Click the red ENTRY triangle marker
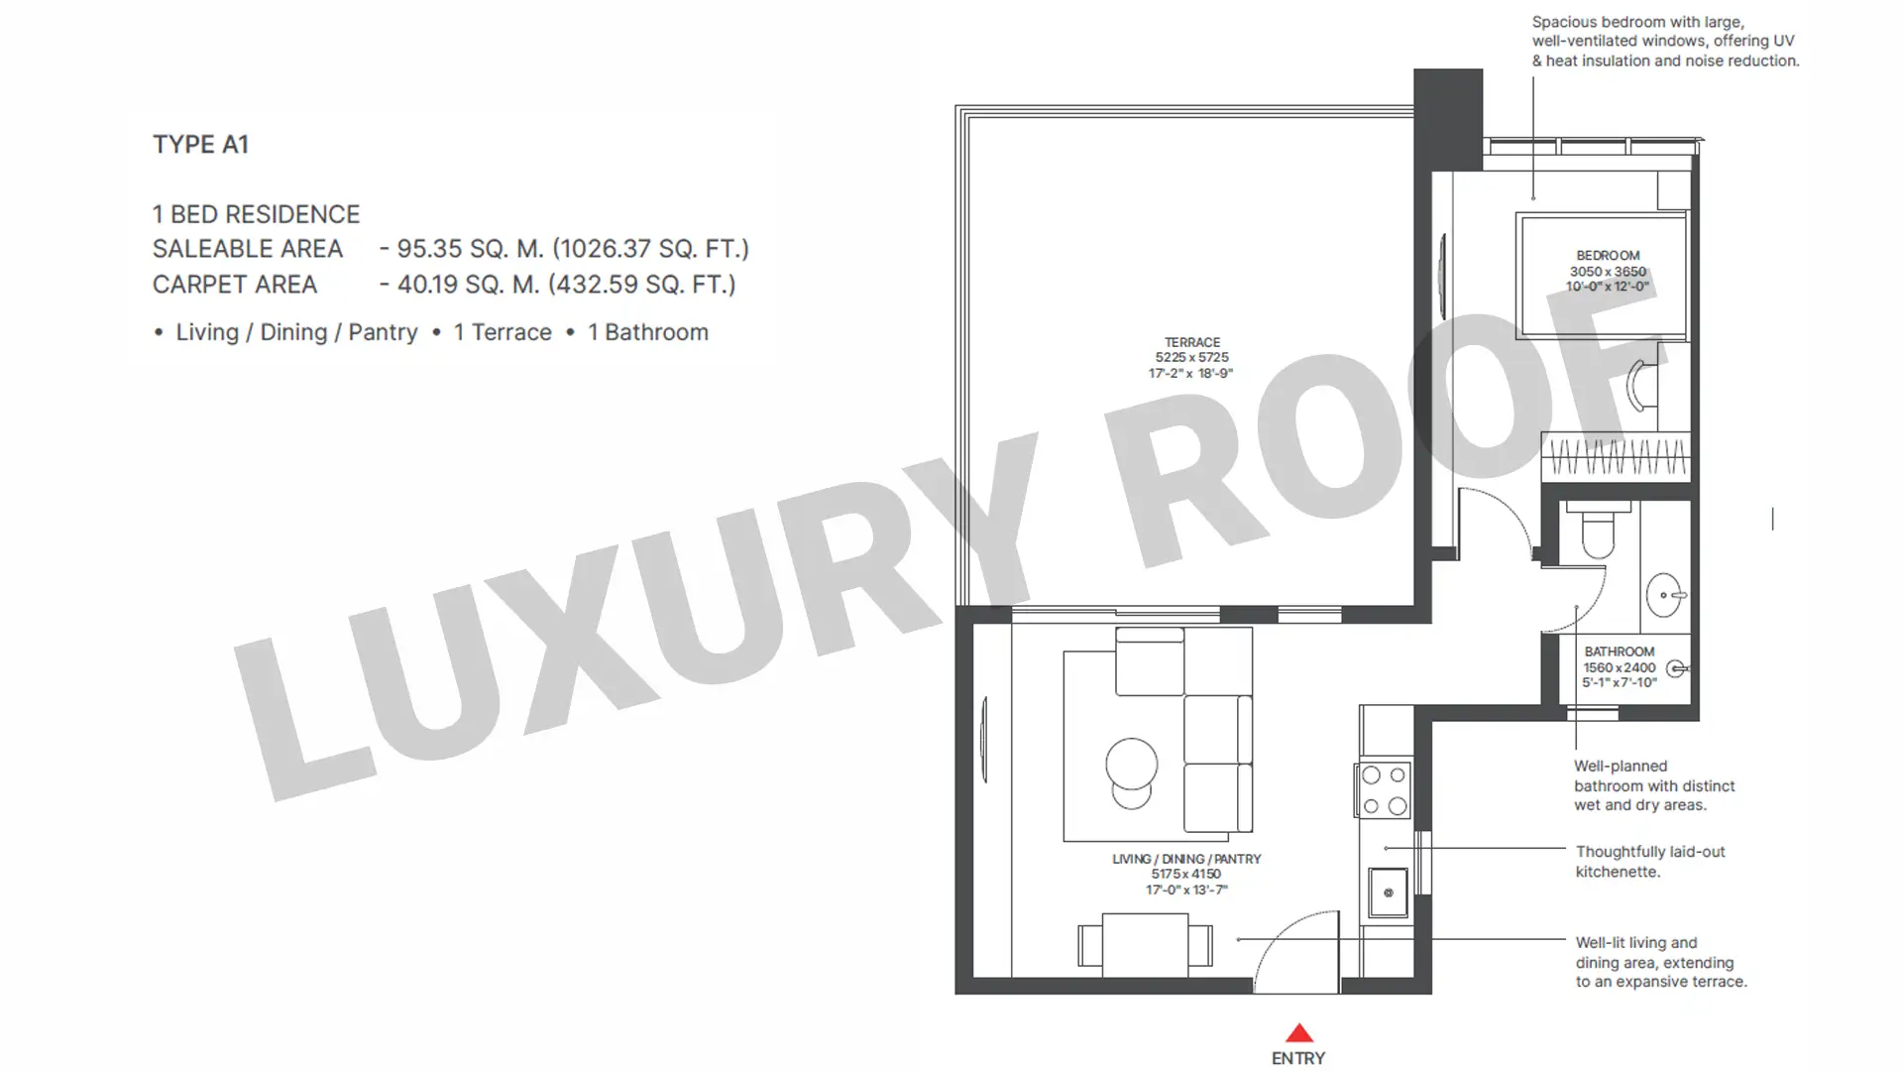pyautogui.click(x=1298, y=1032)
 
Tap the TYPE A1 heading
pyautogui.click(x=200, y=145)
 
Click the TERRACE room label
pyautogui.click(x=1192, y=342)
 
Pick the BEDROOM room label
pyautogui.click(x=1608, y=256)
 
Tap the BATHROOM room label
pyautogui.click(x=1620, y=652)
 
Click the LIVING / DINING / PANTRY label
pyautogui.click(x=1186, y=859)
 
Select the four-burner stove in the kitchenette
pyautogui.click(x=1384, y=790)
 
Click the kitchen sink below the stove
pyautogui.click(x=1388, y=892)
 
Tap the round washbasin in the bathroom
pyautogui.click(x=1665, y=595)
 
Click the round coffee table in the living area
pyautogui.click(x=1131, y=766)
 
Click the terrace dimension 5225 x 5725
pyautogui.click(x=1191, y=358)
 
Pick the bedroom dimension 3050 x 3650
pyautogui.click(x=1608, y=272)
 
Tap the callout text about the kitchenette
pyautogui.click(x=1650, y=862)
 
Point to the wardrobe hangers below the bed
pyautogui.click(x=1616, y=457)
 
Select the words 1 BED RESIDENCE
pyautogui.click(x=256, y=214)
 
